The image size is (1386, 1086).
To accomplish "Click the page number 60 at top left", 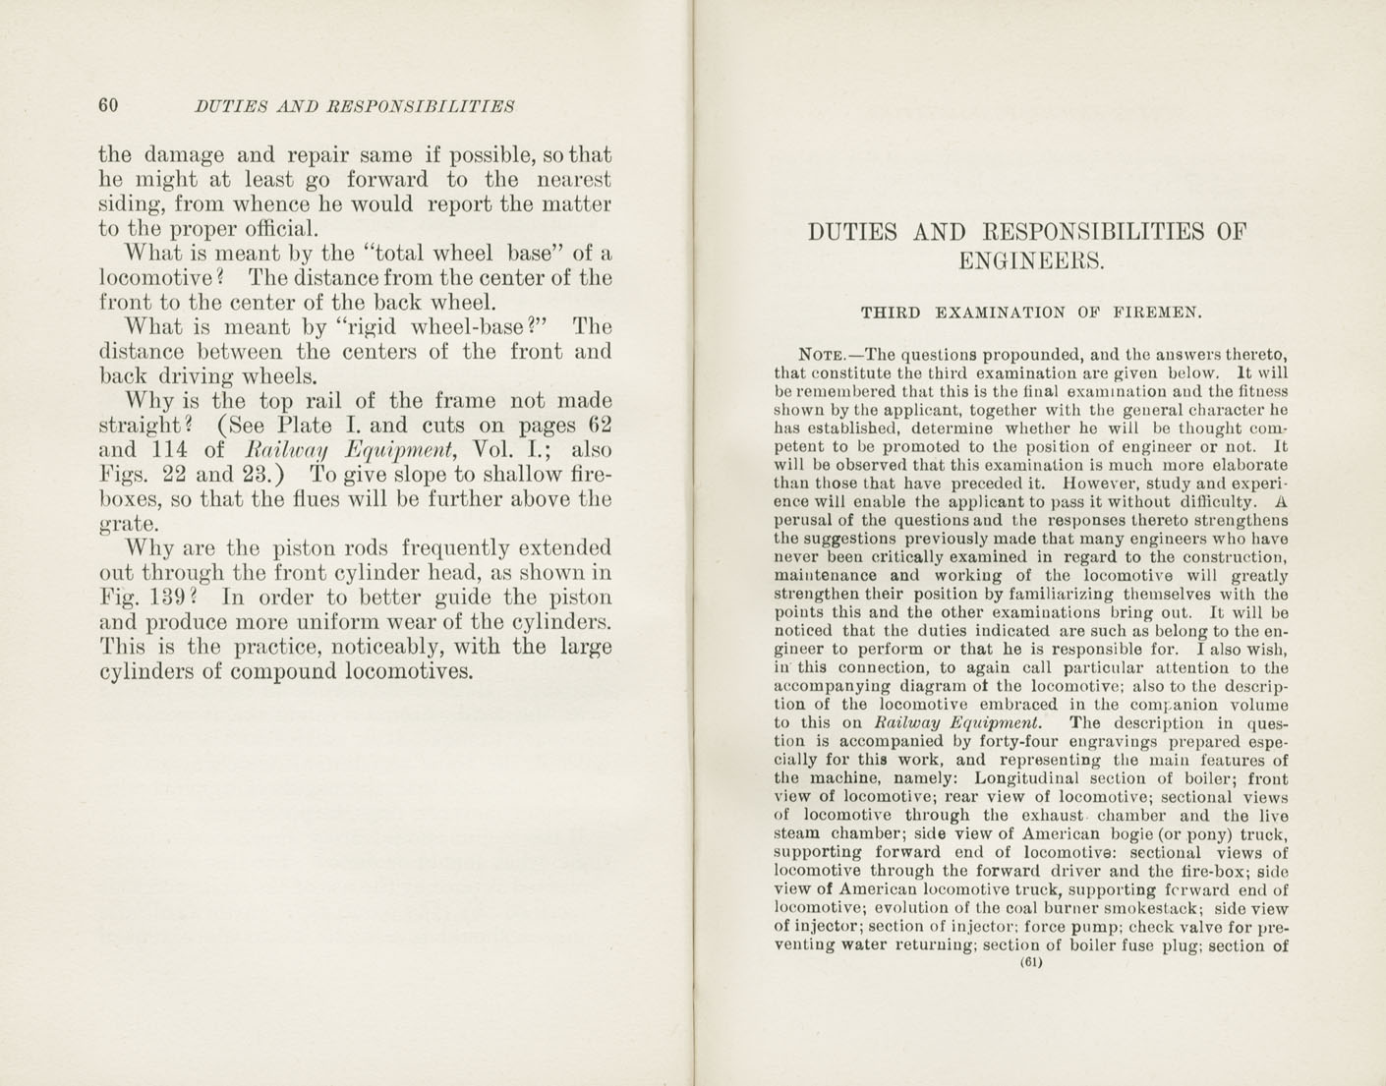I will coord(108,105).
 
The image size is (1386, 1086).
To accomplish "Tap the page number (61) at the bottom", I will coord(1030,963).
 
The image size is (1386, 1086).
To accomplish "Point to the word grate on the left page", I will coord(132,525).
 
